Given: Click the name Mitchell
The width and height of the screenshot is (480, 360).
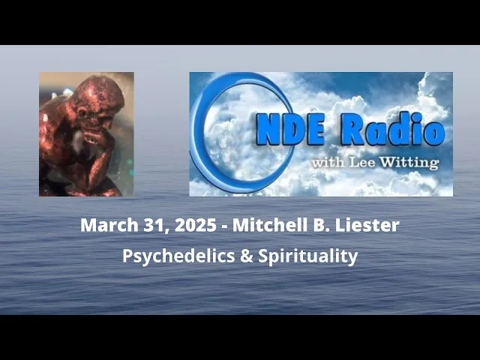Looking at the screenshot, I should point(262,225).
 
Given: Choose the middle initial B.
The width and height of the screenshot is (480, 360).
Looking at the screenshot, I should point(316,225).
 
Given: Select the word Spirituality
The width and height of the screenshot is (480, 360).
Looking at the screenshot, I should point(308,256).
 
